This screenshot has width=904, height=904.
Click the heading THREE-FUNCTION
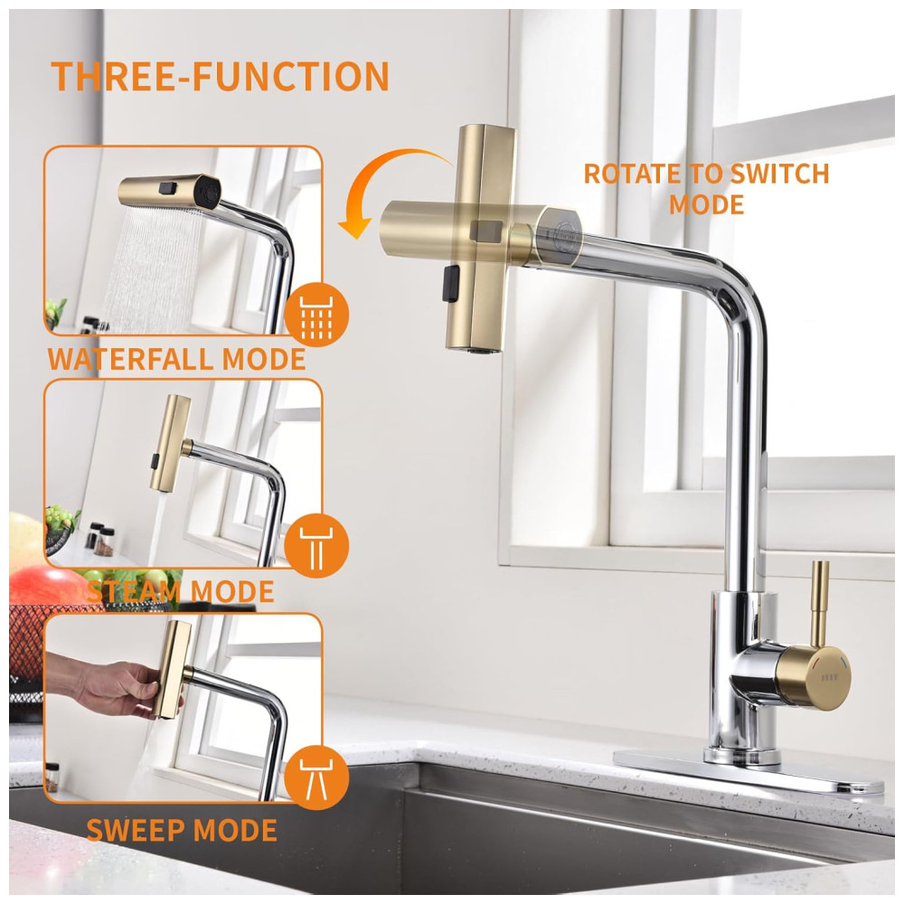[x=221, y=76]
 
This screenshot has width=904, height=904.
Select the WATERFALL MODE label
[x=176, y=359]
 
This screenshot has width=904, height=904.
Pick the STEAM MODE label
[x=181, y=591]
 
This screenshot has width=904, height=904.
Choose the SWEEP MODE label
[x=182, y=830]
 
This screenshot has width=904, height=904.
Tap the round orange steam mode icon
[x=316, y=544]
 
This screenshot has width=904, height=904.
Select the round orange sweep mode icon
[x=316, y=777]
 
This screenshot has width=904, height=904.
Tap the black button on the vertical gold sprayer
[x=450, y=283]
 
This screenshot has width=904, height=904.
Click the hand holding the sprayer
[x=118, y=686]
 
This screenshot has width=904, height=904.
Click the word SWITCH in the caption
[x=778, y=174]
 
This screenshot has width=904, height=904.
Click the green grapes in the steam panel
[x=61, y=515]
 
